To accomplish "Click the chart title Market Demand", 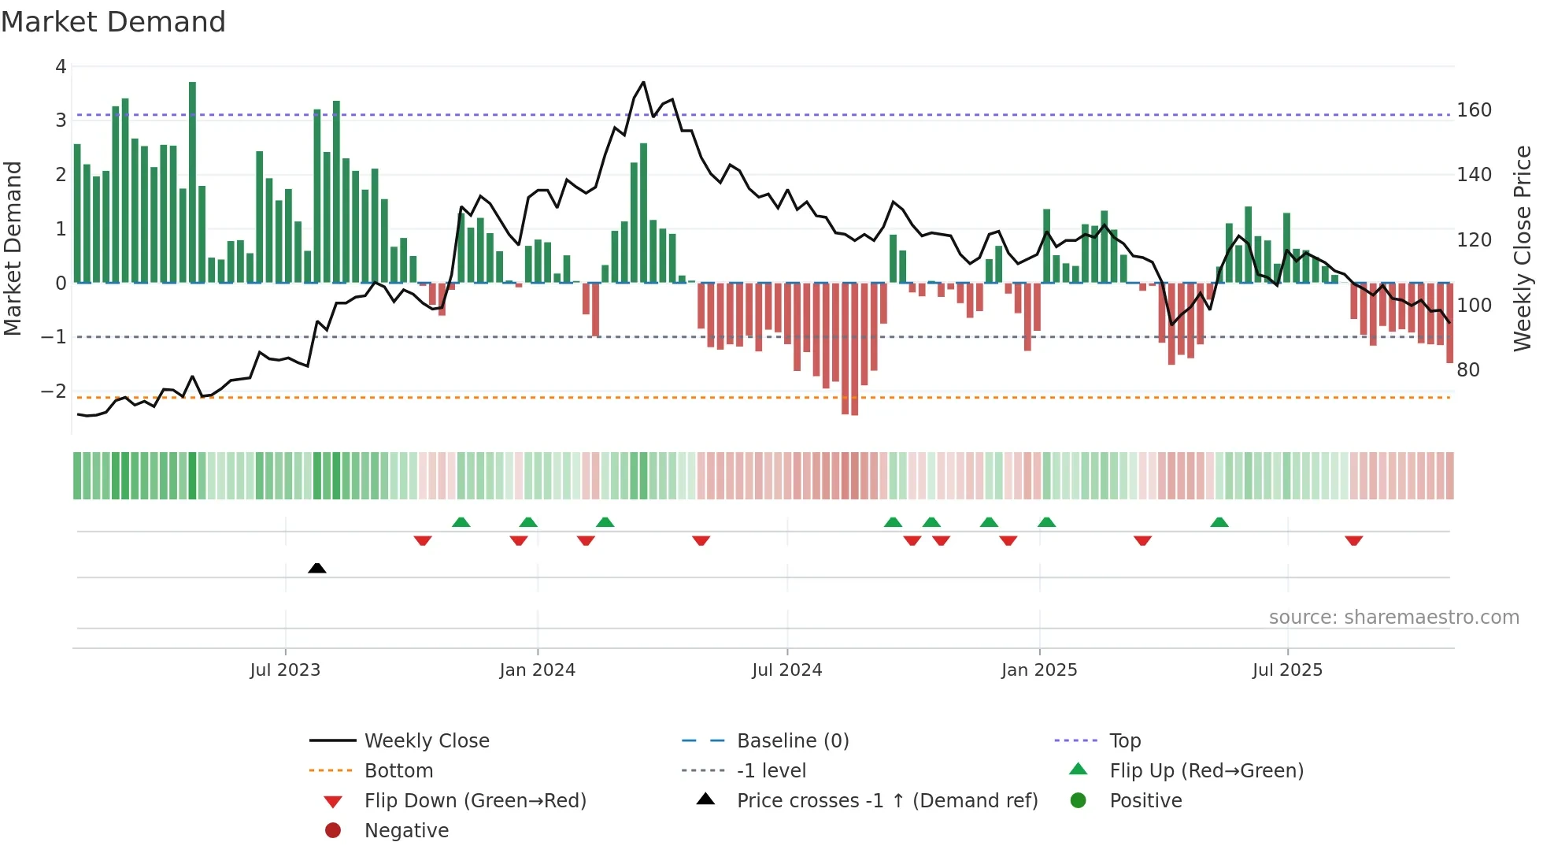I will click(113, 22).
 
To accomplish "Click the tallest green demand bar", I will click(192, 181).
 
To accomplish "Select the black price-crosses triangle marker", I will click(317, 568).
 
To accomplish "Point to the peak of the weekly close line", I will click(643, 82).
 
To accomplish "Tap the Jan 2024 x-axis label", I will click(537, 670).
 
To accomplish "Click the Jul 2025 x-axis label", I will click(1287, 670).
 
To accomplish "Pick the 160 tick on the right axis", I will click(1474, 110).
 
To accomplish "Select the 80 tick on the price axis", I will click(1467, 370).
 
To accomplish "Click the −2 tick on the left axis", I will click(54, 391).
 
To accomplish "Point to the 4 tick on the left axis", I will click(61, 67).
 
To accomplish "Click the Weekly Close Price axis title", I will click(1523, 248).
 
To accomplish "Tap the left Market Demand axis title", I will click(13, 248).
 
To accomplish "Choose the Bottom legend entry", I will click(398, 771).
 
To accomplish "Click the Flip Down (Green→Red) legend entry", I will click(475, 801).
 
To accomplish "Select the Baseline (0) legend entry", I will click(792, 741).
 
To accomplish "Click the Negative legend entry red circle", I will click(333, 831).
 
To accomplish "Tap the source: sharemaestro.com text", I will click(1393, 618).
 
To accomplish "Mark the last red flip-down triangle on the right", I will click(1353, 540).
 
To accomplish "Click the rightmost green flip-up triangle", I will click(1219, 522).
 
